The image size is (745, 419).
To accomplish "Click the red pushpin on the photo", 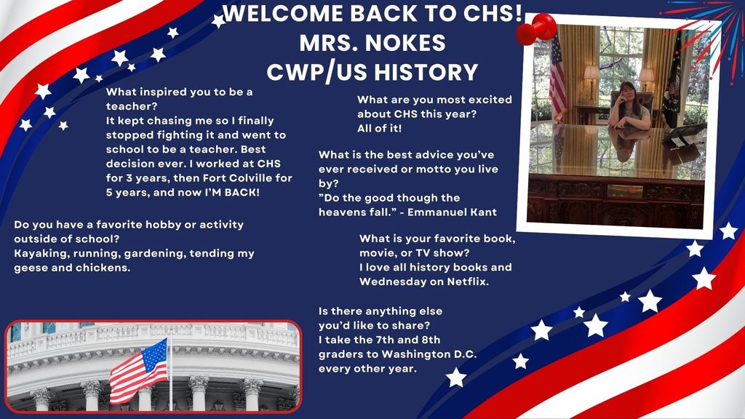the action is pos(536,29).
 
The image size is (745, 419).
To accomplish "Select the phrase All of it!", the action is pos(380,128).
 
